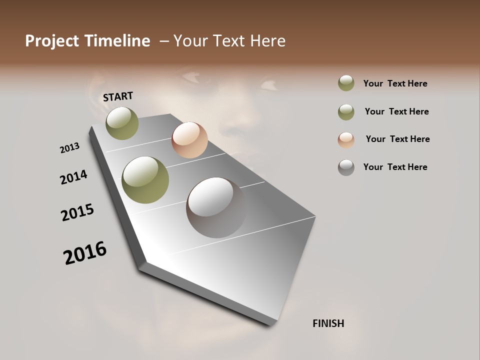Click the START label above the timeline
118,96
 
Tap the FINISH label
328,323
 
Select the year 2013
69,148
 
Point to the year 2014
73,177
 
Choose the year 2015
77,212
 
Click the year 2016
85,253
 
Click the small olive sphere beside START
122,123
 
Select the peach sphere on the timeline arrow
189,139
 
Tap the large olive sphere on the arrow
145,180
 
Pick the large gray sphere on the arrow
216,207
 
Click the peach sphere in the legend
346,140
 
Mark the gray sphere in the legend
346,167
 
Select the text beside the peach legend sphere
397,139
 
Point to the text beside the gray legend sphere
395,167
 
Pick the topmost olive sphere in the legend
346,83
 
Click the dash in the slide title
163,41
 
